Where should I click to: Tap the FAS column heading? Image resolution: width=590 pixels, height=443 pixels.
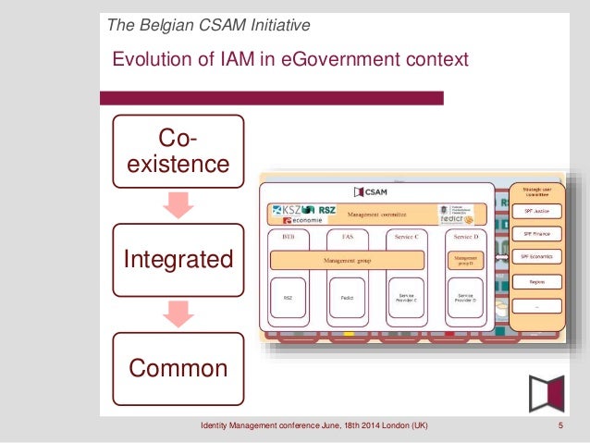347,237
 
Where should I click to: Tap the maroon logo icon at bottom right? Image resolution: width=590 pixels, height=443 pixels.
547,393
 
